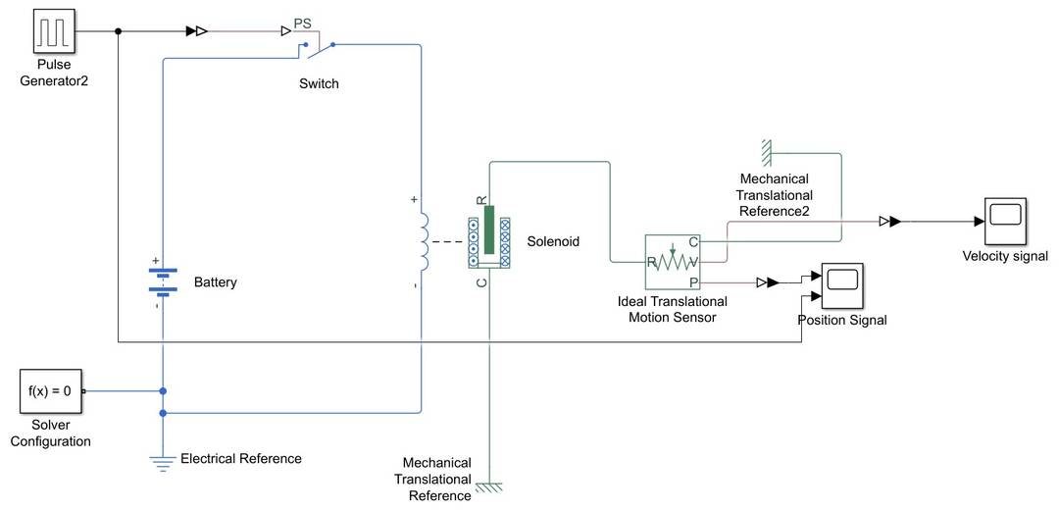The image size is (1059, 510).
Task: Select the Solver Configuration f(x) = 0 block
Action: (x=50, y=390)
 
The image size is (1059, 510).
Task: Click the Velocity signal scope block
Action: (x=1006, y=223)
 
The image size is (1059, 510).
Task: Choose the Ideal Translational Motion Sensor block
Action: (x=672, y=262)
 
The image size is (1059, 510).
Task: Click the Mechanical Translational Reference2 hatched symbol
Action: (x=766, y=152)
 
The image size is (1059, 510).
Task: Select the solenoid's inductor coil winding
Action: (x=422, y=242)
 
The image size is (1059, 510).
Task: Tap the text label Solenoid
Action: (x=553, y=240)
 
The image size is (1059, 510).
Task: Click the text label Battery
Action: (x=215, y=282)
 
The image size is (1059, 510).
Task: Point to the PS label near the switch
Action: (x=305, y=21)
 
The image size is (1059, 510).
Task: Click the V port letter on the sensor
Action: (x=693, y=262)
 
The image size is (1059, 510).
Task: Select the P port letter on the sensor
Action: (x=693, y=282)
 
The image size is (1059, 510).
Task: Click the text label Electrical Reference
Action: (x=241, y=458)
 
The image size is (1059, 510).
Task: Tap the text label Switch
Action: (x=319, y=83)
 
